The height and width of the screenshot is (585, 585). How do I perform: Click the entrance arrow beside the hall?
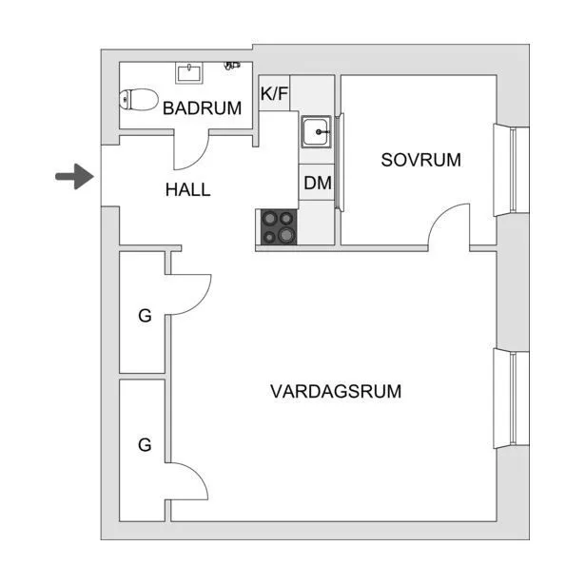pos(72,177)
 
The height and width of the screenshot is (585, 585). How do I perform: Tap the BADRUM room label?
pos(202,108)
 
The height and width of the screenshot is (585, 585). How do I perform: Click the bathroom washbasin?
pos(188,72)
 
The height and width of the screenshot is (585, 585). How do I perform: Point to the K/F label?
pos(275,93)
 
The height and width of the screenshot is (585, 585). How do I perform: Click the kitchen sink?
pos(317,130)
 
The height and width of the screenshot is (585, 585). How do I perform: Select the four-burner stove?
pos(278,227)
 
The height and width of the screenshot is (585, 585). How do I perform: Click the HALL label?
pos(187,190)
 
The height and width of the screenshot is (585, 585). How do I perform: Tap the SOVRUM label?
pos(420,160)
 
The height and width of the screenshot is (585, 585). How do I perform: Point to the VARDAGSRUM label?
pos(336,391)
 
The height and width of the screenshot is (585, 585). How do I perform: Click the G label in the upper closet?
pos(145,317)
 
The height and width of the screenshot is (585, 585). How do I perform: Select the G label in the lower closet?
pos(145,444)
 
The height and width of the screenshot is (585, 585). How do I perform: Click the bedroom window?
pos(516,170)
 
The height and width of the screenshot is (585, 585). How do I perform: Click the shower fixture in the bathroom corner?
pos(232,66)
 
